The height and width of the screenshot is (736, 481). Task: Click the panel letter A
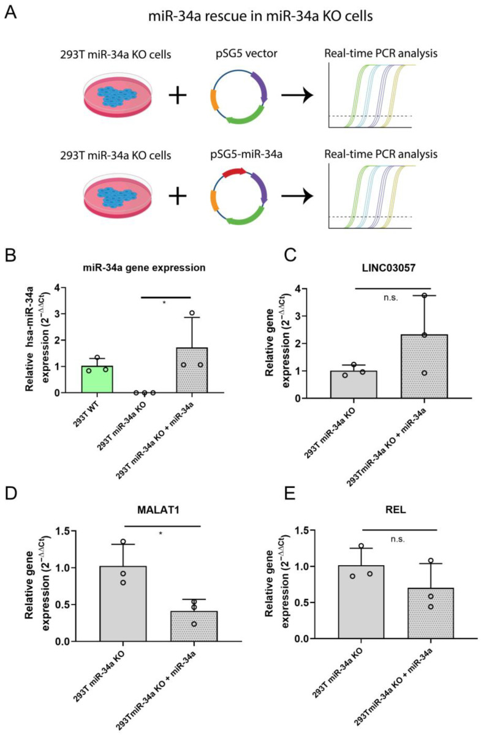click(x=10, y=13)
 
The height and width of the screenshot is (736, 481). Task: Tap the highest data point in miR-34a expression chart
click(x=191, y=314)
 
